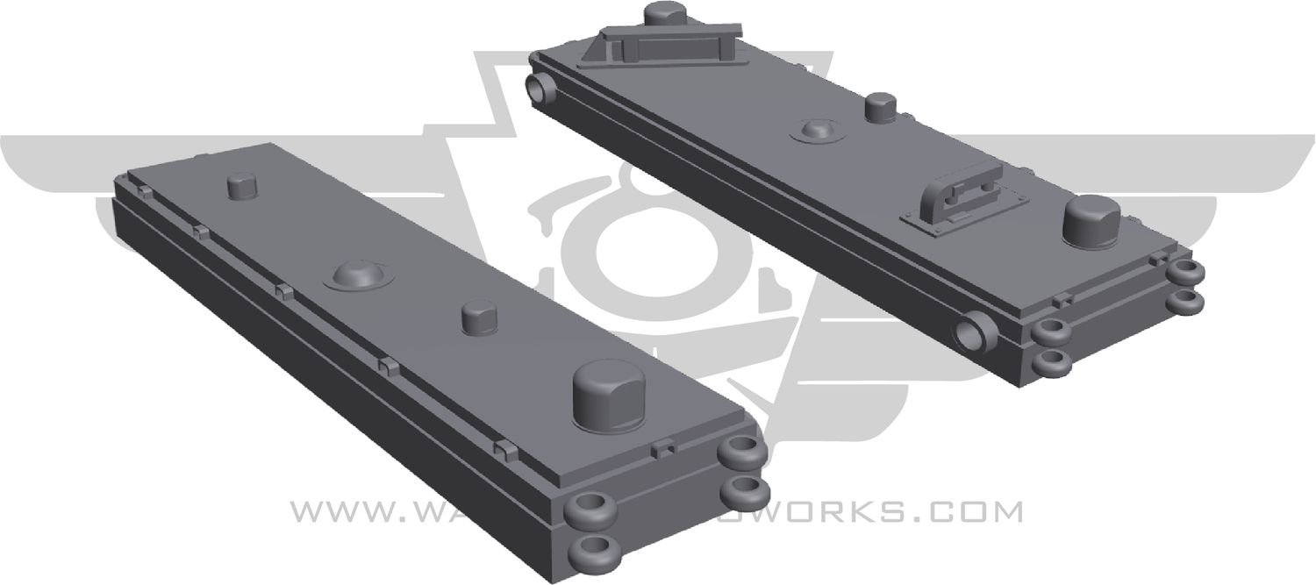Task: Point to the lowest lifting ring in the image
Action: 595,550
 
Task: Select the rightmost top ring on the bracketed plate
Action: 1189,272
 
